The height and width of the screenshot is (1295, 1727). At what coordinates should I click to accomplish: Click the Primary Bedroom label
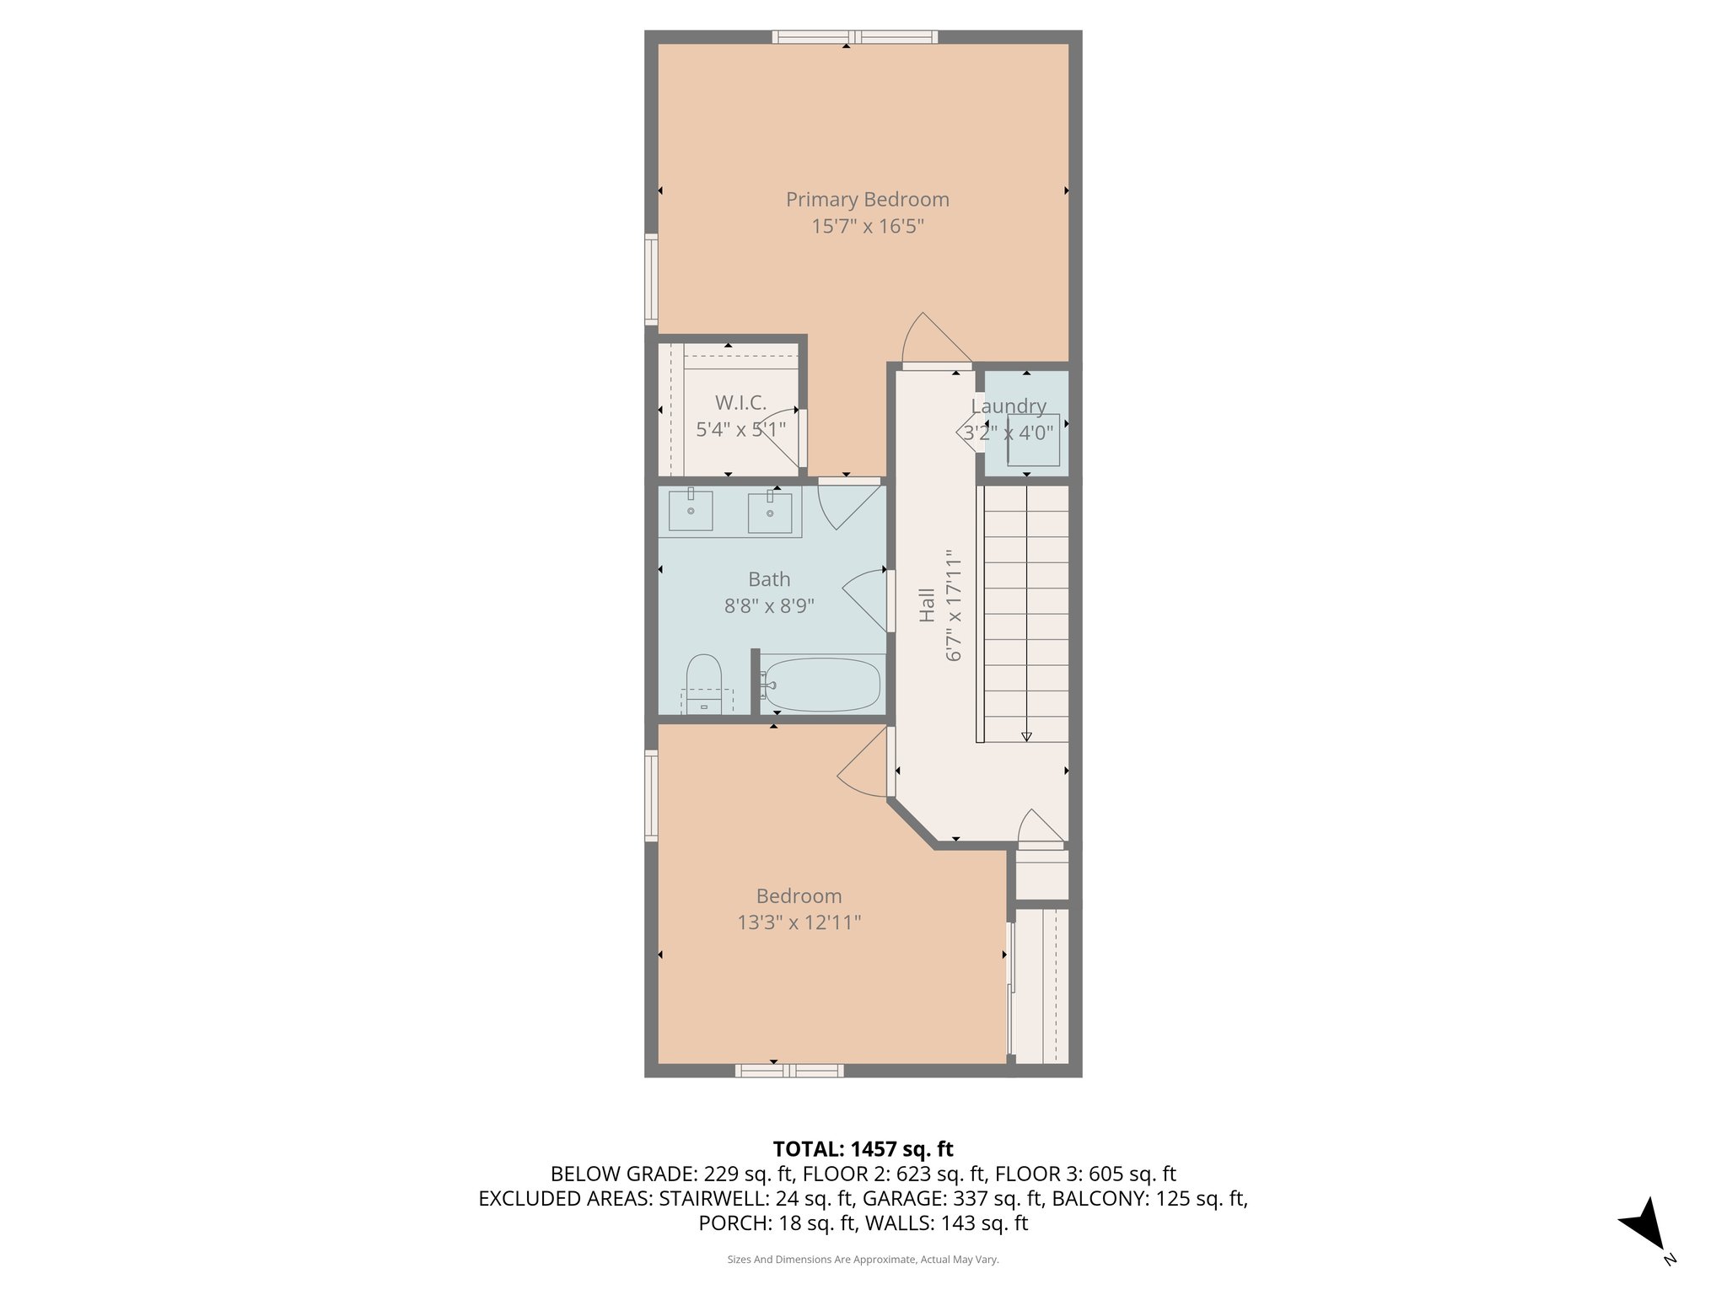coord(867,200)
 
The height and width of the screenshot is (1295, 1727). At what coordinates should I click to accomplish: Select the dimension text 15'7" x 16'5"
coord(867,226)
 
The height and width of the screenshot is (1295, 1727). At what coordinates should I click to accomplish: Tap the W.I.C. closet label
coord(740,402)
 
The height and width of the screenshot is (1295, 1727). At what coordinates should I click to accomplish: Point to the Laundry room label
coord(1008,406)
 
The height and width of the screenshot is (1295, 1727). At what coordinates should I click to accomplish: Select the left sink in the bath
coord(690,510)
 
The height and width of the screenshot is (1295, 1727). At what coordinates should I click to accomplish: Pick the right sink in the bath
coord(769,513)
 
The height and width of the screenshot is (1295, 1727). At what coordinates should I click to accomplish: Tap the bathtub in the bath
coord(821,685)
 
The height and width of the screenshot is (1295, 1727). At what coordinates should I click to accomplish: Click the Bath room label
coord(769,579)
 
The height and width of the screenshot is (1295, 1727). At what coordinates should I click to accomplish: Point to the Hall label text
coord(927,605)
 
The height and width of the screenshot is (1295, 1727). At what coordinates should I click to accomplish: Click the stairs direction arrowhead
coord(1026,736)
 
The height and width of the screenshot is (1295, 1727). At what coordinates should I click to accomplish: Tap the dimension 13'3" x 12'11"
coord(799,922)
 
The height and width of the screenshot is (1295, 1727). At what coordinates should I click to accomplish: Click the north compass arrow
coord(1644,1223)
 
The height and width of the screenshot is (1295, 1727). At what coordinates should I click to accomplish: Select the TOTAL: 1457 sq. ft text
coord(863,1149)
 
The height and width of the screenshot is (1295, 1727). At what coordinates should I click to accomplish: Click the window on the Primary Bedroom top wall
coord(854,36)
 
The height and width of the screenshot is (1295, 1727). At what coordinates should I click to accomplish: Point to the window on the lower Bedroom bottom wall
coord(788,1071)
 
